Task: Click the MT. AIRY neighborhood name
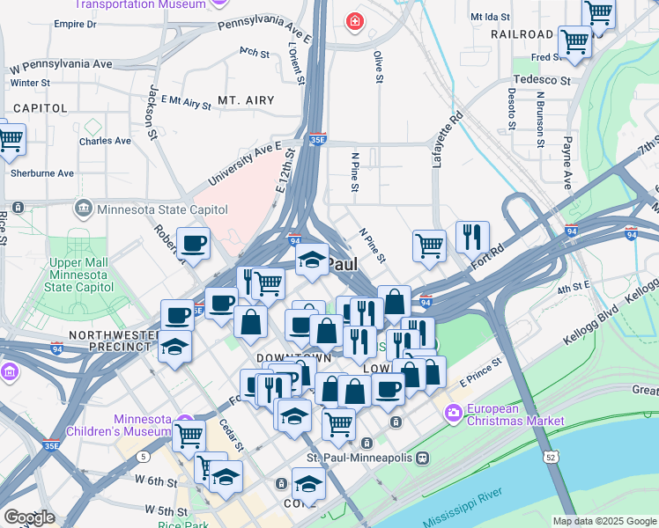tap(246, 100)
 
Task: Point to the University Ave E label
tap(244, 164)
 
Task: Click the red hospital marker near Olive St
tap(354, 20)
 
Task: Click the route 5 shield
tap(143, 457)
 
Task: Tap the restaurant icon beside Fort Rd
tap(472, 236)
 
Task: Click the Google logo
tap(29, 517)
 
